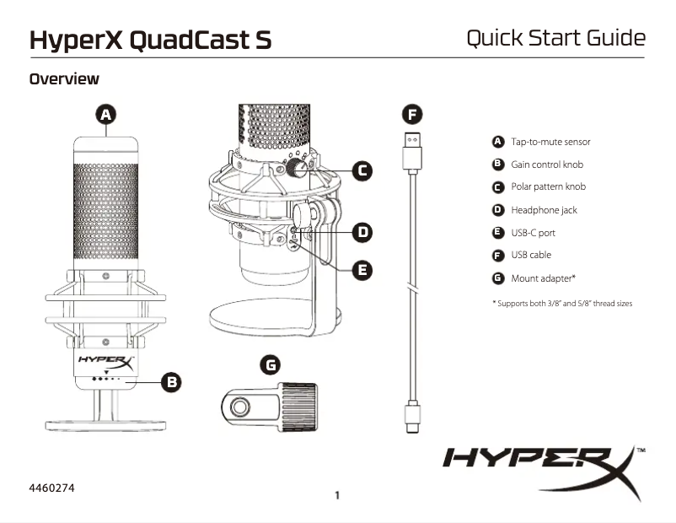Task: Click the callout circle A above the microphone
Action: pos(106,115)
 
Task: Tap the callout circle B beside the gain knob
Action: pos(170,382)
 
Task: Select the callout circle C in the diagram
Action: pos(362,170)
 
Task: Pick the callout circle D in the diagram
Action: pos(362,231)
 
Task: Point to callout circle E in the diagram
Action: pos(362,270)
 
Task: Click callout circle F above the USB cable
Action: pos(410,115)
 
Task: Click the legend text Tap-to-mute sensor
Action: pos(550,142)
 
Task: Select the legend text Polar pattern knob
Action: pos(548,186)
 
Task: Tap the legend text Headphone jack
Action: pos(544,210)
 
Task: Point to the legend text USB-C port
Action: pos(533,233)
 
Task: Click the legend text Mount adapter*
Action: pos(543,278)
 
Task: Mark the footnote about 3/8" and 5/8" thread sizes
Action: pos(561,303)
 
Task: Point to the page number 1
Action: pos(337,495)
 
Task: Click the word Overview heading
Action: pos(64,79)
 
